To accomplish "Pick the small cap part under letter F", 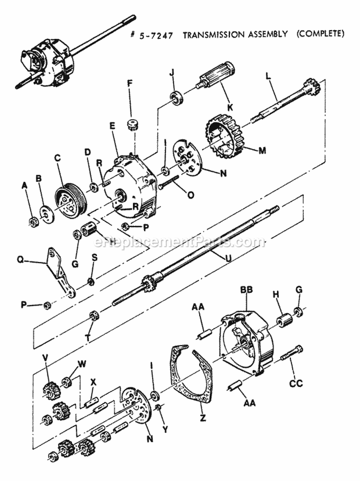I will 132,127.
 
